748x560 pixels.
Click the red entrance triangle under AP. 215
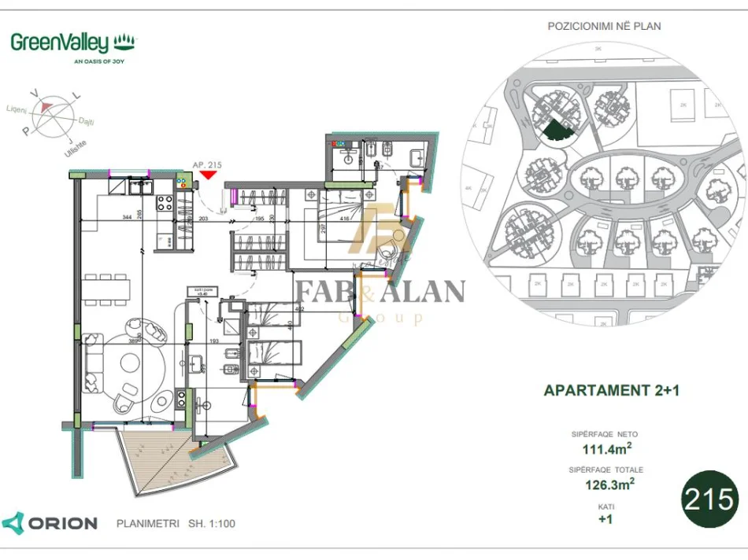[208, 175]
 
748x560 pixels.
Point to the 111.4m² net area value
[605, 448]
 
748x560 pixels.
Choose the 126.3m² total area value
[605, 484]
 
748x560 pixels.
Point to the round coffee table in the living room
[141, 367]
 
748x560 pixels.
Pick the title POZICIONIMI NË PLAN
[604, 26]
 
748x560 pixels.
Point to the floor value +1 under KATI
[605, 520]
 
